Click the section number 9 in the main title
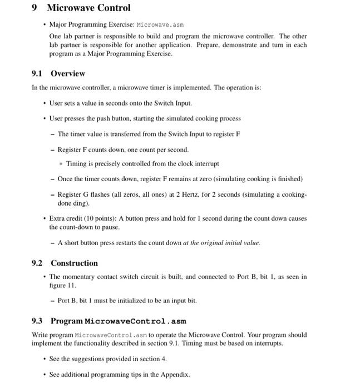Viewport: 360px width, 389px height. click(35, 8)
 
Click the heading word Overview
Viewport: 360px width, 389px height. click(68, 73)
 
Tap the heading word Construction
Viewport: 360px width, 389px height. click(74, 263)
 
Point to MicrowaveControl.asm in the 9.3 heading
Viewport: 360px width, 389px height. click(135, 321)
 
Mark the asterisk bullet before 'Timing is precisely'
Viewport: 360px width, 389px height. click(61, 164)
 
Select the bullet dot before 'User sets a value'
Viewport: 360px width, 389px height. click(44, 103)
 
